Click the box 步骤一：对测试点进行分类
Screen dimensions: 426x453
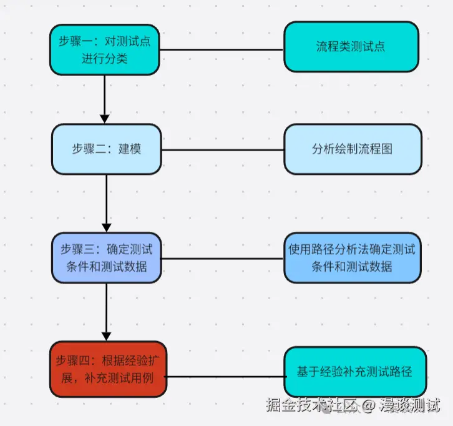pyautogui.click(x=105, y=49)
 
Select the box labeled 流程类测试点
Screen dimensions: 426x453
pyautogui.click(x=351, y=47)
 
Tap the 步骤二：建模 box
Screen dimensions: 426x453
pyautogui.click(x=105, y=149)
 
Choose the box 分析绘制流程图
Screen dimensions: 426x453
pyautogui.click(x=352, y=149)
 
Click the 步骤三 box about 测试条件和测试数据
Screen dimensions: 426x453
pyautogui.click(x=105, y=257)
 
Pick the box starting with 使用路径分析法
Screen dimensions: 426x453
pyautogui.click(x=352, y=257)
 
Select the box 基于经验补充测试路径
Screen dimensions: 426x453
pyautogui.click(x=353, y=371)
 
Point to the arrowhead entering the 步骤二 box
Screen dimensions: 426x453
pyautogui.click(x=105, y=118)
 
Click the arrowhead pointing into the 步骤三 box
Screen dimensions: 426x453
pyautogui.click(x=106, y=226)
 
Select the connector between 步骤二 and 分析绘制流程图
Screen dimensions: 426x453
pyautogui.click(x=222, y=149)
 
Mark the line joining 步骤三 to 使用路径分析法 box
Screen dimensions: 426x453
pyautogui.click(x=222, y=258)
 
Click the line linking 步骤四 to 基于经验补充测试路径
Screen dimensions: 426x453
pyautogui.click(x=226, y=377)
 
